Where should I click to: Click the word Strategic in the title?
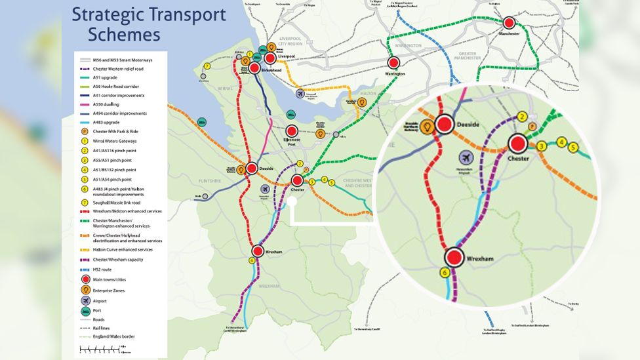(104, 14)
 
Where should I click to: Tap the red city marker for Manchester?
(510, 23)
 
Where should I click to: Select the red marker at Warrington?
(393, 63)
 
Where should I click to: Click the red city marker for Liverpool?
(270, 58)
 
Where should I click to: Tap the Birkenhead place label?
(271, 70)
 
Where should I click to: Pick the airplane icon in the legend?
(85, 300)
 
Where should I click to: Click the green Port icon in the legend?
(85, 310)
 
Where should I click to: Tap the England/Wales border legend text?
(114, 336)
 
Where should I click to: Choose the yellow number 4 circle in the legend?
(85, 169)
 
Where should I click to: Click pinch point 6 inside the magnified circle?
(445, 272)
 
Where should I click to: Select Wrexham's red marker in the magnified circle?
(454, 258)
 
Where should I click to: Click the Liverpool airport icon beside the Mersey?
(300, 94)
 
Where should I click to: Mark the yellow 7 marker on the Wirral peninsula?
(207, 66)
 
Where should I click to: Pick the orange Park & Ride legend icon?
(85, 132)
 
